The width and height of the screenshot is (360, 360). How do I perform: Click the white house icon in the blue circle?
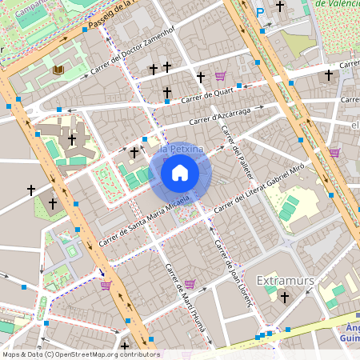180,172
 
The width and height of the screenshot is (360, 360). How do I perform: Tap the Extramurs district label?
284,280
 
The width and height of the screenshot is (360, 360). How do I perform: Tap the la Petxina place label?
180,150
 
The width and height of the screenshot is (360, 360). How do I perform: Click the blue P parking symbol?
260,11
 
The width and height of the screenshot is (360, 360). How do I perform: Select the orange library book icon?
58,70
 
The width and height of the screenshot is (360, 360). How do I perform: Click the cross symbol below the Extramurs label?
284,298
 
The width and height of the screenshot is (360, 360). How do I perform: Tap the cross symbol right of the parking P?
280,6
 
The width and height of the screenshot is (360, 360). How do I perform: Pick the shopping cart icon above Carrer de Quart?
220,77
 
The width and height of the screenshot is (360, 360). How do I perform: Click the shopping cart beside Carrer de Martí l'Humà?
190,283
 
